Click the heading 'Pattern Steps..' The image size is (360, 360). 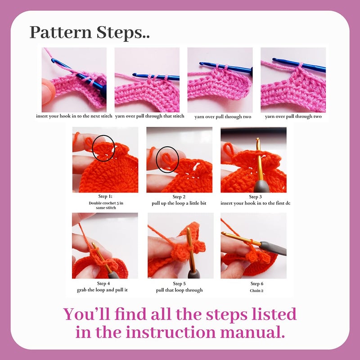[90, 32]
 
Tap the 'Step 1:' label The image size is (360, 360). [104, 197]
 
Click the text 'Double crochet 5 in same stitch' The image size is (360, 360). [105, 206]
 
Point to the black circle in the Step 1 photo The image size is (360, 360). [103, 147]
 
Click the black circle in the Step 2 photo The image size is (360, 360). [167, 158]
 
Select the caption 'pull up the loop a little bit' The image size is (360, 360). [179, 203]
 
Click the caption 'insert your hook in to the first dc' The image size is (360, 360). [255, 203]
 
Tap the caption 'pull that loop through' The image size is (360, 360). [179, 290]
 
